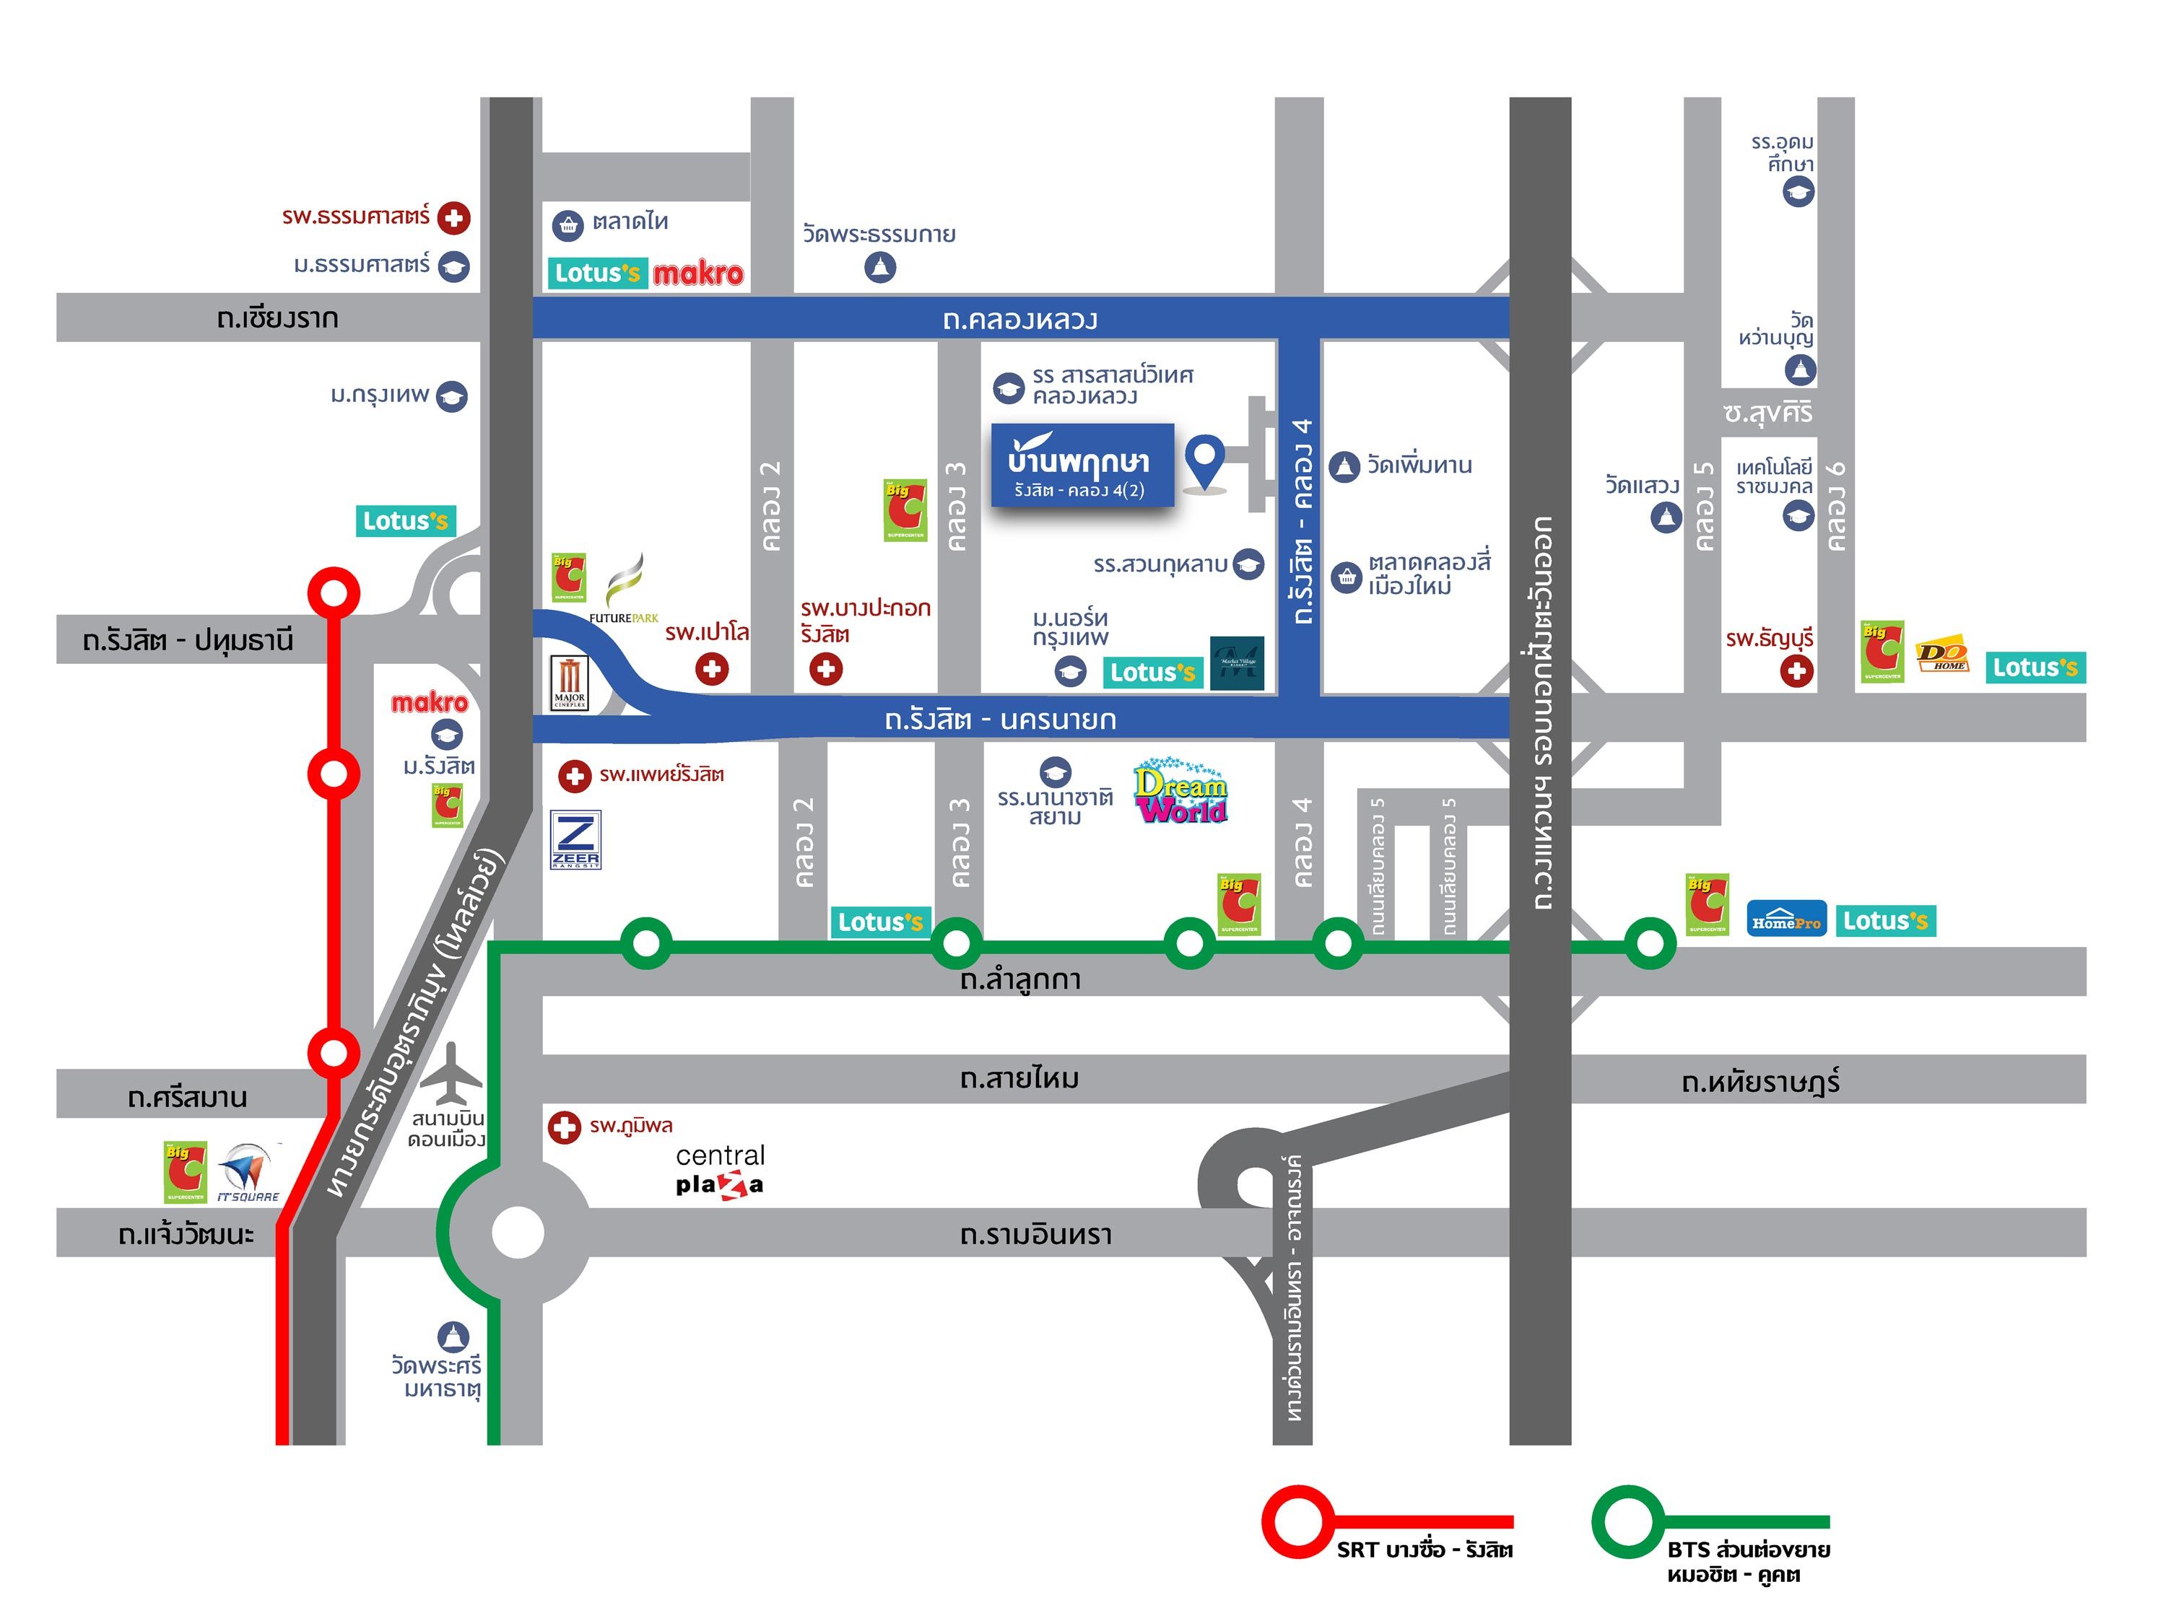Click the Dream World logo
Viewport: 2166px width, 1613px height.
1180,792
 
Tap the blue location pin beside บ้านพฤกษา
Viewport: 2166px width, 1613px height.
1204,460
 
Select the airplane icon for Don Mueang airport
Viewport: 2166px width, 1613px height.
451,1074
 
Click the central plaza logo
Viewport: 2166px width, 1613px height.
720,1170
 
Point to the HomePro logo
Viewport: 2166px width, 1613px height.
1785,919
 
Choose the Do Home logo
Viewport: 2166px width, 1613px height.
1941,655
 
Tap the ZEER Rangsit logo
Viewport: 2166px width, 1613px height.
575,839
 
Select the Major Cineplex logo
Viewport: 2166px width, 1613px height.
570,681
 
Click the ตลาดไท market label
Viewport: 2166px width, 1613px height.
630,222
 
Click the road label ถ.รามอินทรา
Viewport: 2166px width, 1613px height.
1035,1234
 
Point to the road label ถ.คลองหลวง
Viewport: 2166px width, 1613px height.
1019,319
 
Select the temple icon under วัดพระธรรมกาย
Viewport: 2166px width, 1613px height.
880,266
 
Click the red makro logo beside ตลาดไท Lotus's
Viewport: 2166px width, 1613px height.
697,274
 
